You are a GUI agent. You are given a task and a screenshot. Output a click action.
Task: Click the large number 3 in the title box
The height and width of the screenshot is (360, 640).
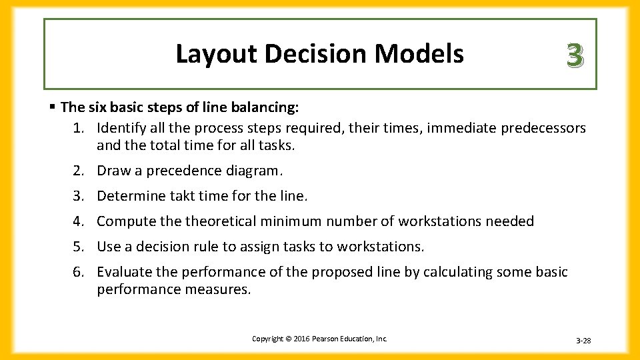tap(575, 55)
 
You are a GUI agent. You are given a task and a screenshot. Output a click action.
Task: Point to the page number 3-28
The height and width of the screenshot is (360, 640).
tap(583, 341)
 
